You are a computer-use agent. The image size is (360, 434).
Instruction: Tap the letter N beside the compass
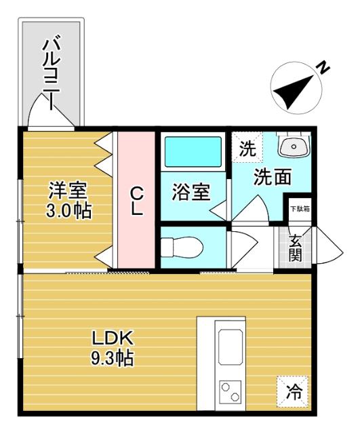(x=325, y=67)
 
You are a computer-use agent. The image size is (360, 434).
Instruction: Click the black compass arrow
(x=296, y=90)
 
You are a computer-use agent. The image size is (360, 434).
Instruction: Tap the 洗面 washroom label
(x=273, y=177)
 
